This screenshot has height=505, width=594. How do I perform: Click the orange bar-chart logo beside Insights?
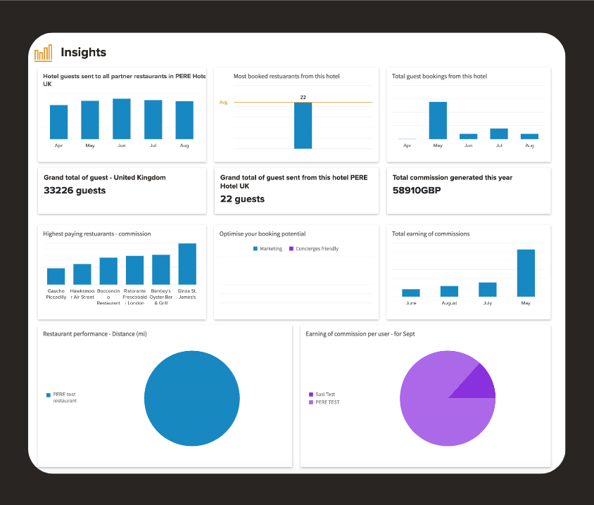pos(43,53)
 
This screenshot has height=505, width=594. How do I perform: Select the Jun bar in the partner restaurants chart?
pos(122,119)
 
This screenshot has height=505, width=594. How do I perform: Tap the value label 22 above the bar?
pos(303,97)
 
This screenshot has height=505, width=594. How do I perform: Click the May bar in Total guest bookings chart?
pos(438,120)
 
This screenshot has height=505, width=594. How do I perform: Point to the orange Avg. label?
pos(224,102)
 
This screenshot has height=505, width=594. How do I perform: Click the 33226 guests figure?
pos(75,191)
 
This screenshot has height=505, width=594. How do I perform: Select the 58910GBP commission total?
pos(417,191)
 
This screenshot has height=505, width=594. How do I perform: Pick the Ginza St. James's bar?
pos(187,264)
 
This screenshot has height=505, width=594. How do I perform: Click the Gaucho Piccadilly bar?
pos(56,276)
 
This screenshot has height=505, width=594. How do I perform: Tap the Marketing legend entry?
pos(268,249)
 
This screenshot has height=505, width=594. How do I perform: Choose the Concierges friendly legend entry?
pos(314,249)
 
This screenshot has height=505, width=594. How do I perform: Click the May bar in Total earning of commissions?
pos(526,273)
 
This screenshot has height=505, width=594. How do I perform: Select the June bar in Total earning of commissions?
pos(411,293)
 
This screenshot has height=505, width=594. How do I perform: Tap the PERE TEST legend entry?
pos(324,402)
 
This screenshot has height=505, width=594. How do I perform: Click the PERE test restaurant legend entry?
pos(61,397)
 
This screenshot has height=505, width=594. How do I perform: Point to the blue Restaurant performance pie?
pos(192,398)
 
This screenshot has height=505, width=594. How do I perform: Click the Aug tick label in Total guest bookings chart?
pos(529,146)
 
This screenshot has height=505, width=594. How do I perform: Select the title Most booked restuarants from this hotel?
pos(286,76)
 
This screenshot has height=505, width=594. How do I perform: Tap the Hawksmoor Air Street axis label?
pos(82,294)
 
